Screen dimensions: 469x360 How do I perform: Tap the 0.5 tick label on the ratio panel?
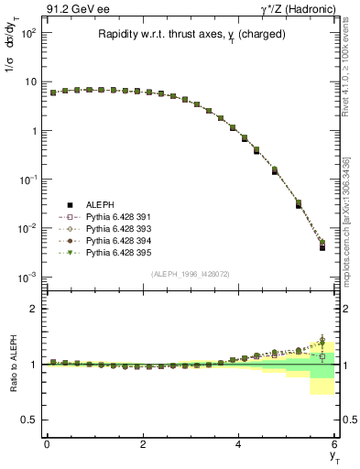click(x=30, y=420)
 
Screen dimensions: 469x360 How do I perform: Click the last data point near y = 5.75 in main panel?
click(x=322, y=246)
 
